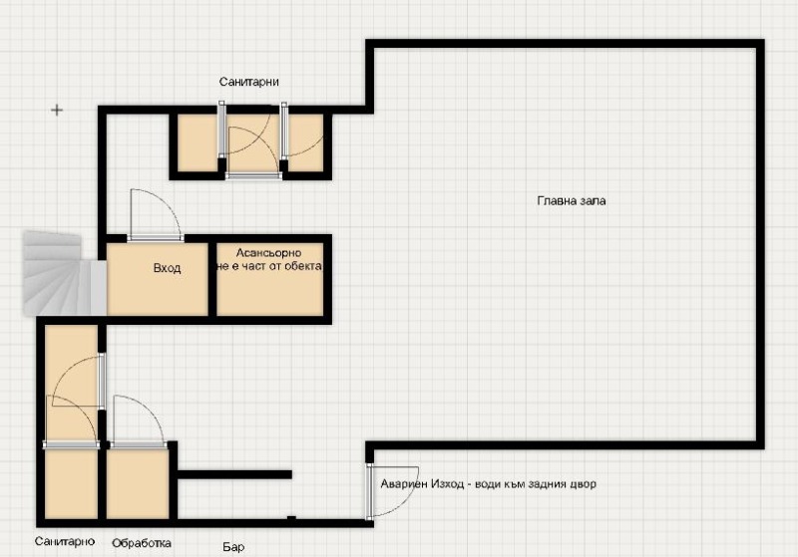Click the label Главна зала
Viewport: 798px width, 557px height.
(572, 200)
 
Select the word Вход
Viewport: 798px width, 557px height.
(167, 268)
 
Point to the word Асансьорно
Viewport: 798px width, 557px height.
(268, 253)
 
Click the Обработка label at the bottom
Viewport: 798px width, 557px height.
(141, 543)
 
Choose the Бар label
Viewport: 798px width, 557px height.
(232, 546)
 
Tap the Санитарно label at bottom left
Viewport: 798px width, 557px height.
(64, 542)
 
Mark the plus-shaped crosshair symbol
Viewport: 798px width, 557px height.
(57, 110)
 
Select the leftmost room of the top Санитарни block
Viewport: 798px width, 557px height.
(198, 144)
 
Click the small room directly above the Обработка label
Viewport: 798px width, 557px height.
(137, 484)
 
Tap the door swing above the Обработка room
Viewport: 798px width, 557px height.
(134, 418)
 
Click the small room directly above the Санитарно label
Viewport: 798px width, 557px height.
(70, 485)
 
